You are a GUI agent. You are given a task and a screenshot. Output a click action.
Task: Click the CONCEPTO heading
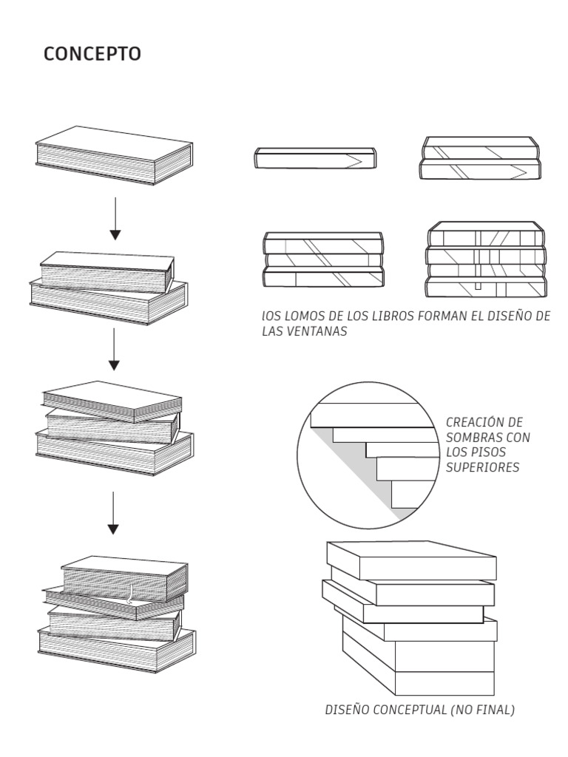92,54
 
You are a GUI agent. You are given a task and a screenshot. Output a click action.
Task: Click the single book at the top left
115,155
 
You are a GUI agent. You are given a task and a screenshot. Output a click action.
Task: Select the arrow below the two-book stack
113,349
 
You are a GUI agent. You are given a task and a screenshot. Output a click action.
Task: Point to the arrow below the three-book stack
112,512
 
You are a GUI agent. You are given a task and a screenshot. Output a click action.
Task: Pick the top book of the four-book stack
124,575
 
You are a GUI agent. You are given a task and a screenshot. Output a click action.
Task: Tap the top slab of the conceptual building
411,560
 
